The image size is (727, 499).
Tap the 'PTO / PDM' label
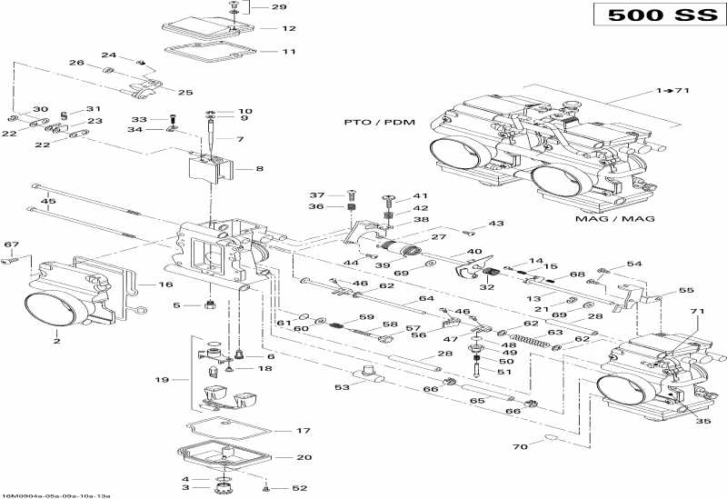tap(374, 121)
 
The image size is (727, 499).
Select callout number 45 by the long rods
tap(48, 202)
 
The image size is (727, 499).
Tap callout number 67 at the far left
tap(11, 245)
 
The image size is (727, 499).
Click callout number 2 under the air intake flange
tap(56, 342)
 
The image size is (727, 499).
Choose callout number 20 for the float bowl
tap(279, 457)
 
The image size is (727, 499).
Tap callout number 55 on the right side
tap(685, 291)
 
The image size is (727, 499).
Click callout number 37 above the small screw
tap(316, 195)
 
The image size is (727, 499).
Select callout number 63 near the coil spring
tap(554, 333)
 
